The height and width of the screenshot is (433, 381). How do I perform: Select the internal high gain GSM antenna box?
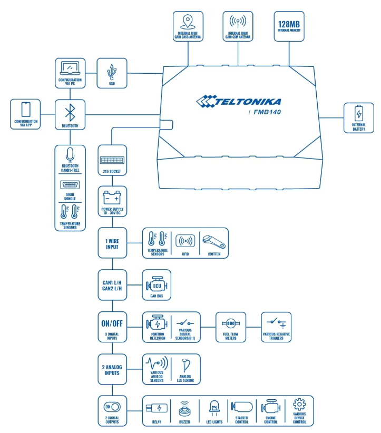point(238,26)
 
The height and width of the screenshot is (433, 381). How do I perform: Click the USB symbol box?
point(112,73)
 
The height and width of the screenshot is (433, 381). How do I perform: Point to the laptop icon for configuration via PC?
point(70,68)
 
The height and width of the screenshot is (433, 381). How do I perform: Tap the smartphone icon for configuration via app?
point(25,110)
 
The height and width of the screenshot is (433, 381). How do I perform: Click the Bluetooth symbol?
point(70,112)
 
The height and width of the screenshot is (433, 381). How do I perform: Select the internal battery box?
point(359,118)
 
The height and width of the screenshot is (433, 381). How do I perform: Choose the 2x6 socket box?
point(112,160)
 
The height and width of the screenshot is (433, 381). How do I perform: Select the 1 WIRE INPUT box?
point(112,242)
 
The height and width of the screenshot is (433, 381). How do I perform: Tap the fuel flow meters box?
point(231,327)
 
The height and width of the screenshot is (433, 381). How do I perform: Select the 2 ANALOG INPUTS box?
point(112,369)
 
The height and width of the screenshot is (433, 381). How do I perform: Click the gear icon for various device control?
point(299,406)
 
